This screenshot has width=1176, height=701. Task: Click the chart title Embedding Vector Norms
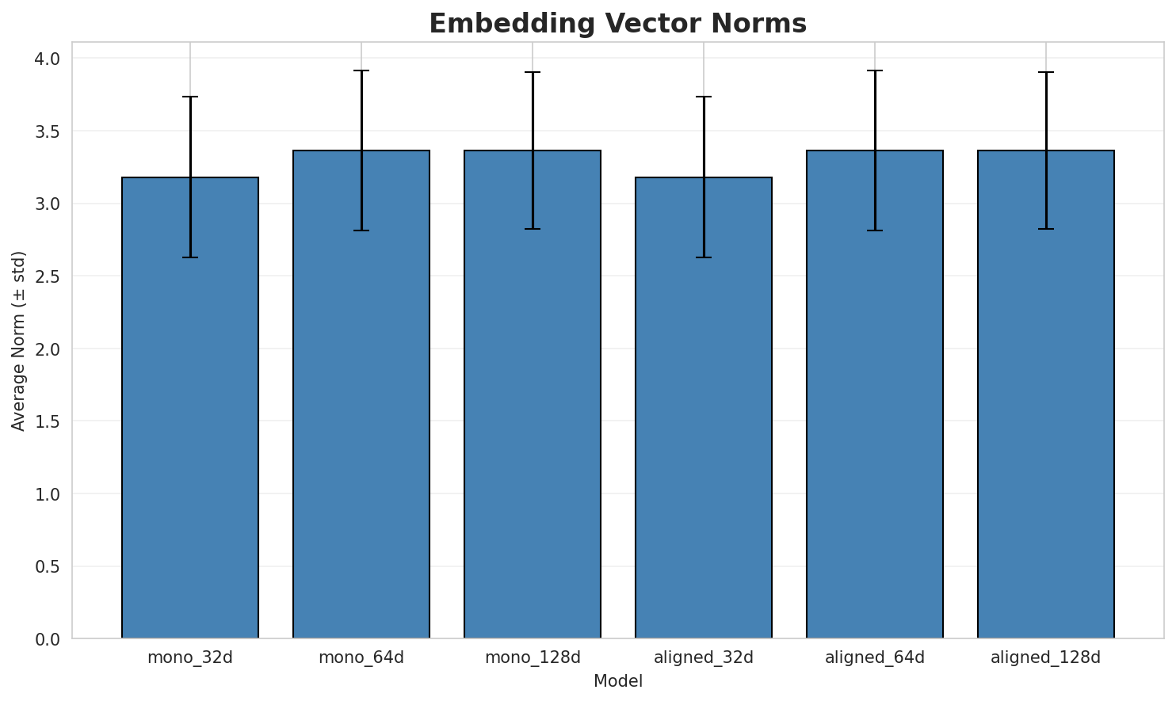pyautogui.click(x=617, y=24)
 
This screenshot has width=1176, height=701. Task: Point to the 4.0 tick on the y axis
pyautogui.click(x=49, y=59)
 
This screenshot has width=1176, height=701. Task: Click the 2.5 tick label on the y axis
pyautogui.click(x=49, y=276)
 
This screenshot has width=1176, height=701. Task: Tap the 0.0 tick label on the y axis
pyautogui.click(x=49, y=639)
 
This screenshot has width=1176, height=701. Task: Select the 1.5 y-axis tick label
pyautogui.click(x=49, y=421)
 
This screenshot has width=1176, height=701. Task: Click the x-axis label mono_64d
pyautogui.click(x=361, y=657)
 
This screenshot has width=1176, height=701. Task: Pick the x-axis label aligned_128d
pyautogui.click(x=1046, y=657)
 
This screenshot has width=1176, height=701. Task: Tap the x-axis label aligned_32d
pyautogui.click(x=704, y=657)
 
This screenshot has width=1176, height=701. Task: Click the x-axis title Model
pyautogui.click(x=617, y=681)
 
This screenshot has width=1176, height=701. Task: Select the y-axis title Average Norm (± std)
pyautogui.click(x=19, y=341)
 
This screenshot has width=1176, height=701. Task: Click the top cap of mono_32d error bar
pyautogui.click(x=190, y=97)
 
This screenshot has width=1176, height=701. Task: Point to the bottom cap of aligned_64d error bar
pyautogui.click(x=875, y=230)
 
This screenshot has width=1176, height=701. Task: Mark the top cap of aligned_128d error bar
pyautogui.click(x=1046, y=72)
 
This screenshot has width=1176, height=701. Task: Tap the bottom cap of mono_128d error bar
pyautogui.click(x=533, y=229)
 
